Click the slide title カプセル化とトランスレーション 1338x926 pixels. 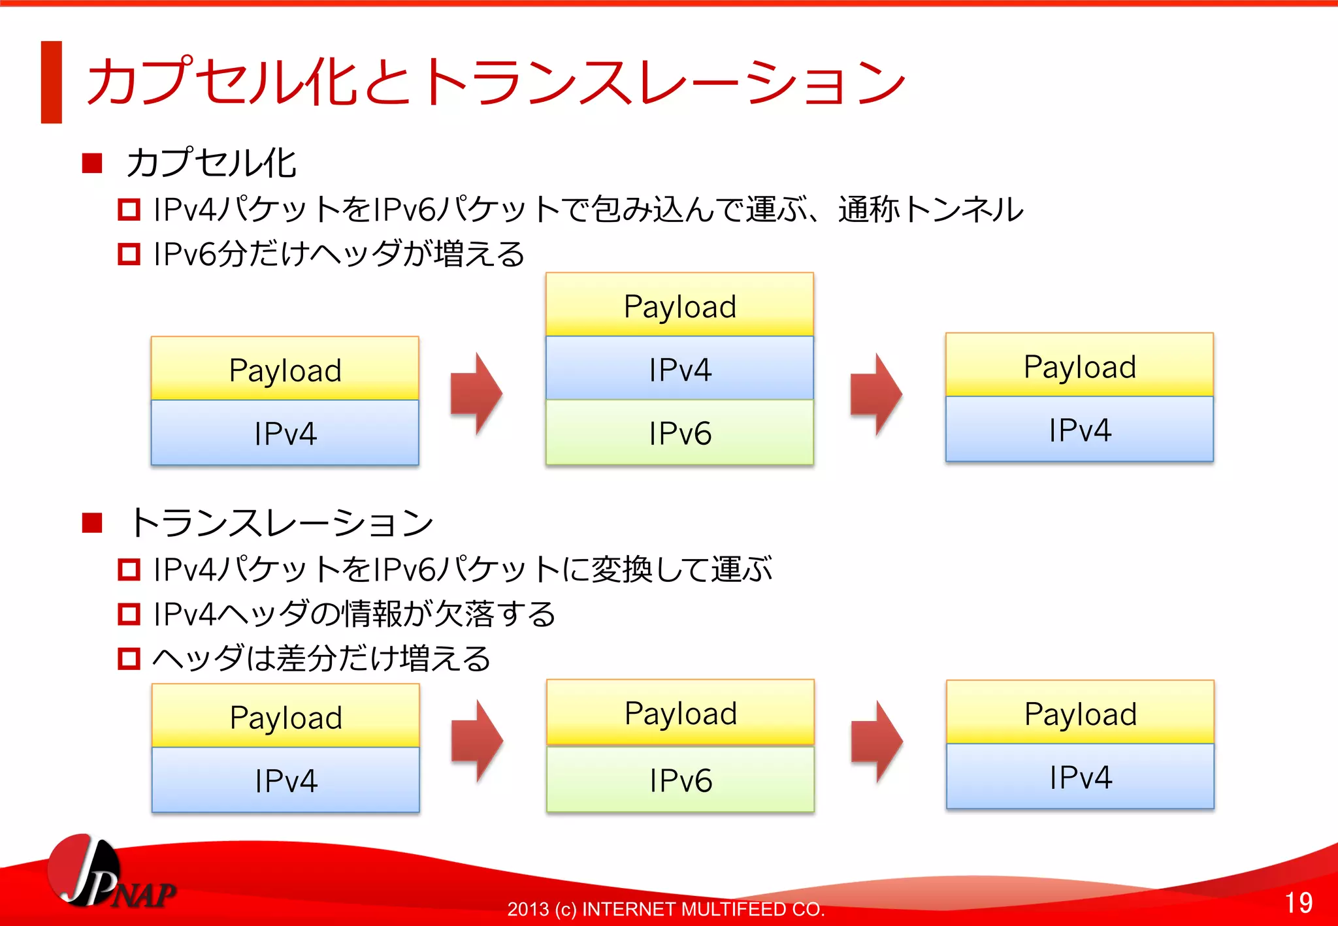497,82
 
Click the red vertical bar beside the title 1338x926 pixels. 51,82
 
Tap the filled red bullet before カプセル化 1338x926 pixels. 92,163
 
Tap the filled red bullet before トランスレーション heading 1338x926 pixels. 92,523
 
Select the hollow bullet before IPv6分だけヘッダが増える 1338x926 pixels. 129,254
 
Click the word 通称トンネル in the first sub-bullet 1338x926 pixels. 930,210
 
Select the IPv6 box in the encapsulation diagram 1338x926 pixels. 679,432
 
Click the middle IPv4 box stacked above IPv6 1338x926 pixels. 679,368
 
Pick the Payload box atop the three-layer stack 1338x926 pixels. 679,305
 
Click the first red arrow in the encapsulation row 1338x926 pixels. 477,394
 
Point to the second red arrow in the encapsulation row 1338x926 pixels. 877,394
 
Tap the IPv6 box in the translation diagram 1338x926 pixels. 680,779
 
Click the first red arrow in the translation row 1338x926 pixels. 478,741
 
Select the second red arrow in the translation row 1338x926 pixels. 877,741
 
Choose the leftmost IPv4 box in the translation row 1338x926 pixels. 286,780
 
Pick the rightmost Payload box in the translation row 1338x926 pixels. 1080,712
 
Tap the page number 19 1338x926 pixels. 1298,902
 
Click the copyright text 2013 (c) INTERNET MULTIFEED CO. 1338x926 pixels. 666,909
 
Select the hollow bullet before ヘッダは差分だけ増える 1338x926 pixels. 129,658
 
